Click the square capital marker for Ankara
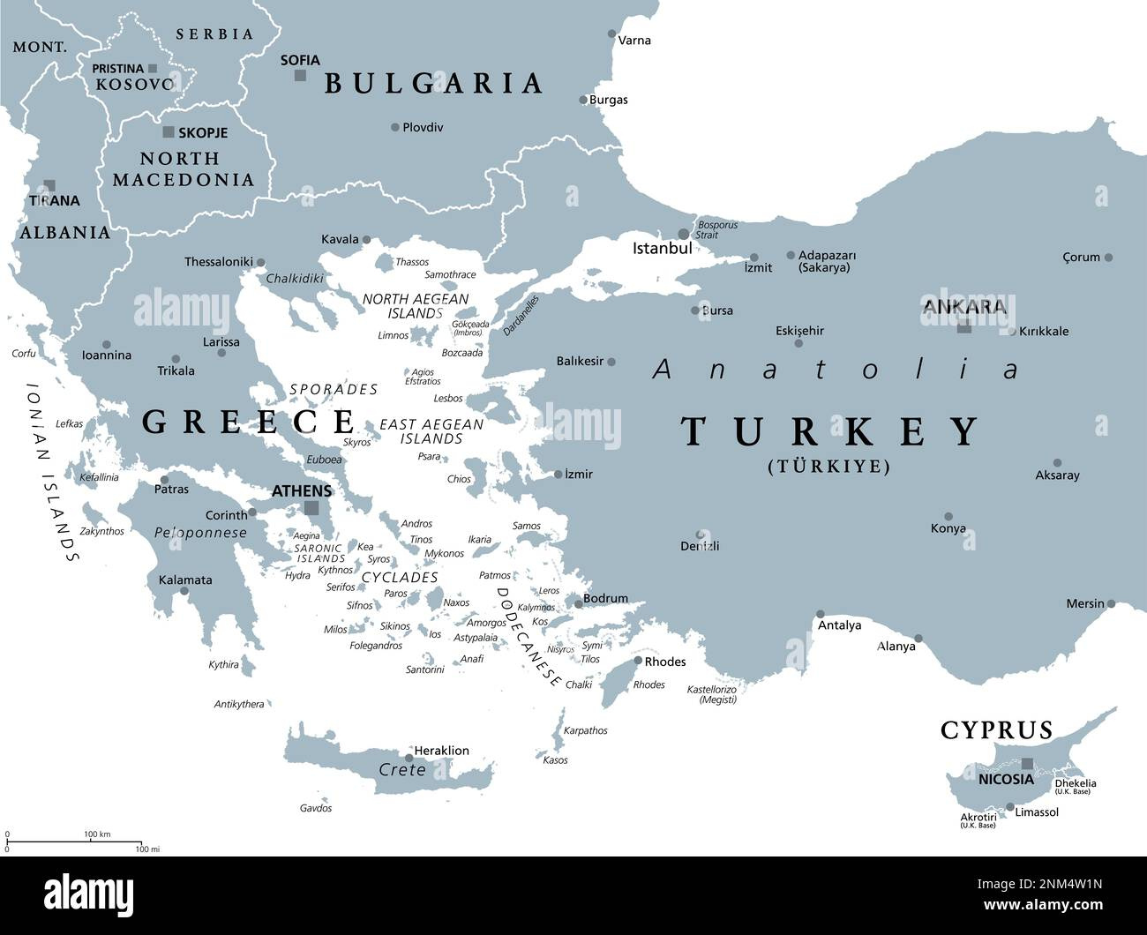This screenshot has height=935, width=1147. tap(964, 327)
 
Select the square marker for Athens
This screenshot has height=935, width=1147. tap(311, 508)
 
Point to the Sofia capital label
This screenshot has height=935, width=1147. tap(300, 60)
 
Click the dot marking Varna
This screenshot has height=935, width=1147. tap(612, 34)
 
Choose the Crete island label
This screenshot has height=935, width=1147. tap(401, 770)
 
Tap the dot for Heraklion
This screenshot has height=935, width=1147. tap(409, 757)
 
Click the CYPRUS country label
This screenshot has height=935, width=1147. tap(996, 730)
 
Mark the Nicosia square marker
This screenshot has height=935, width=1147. tap(1027, 764)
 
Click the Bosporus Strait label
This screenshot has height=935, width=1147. tap(717, 230)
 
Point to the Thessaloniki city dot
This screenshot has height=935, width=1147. tap(260, 262)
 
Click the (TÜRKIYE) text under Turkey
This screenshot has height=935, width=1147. tap(828, 467)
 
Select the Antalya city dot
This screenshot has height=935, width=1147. tap(821, 614)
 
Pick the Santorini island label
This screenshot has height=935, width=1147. tap(424, 669)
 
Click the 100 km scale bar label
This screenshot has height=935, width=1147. tap(97, 834)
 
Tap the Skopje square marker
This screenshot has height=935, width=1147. tap(169, 132)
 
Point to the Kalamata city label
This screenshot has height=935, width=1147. tap(185, 580)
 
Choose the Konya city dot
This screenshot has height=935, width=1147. tap(948, 517)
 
